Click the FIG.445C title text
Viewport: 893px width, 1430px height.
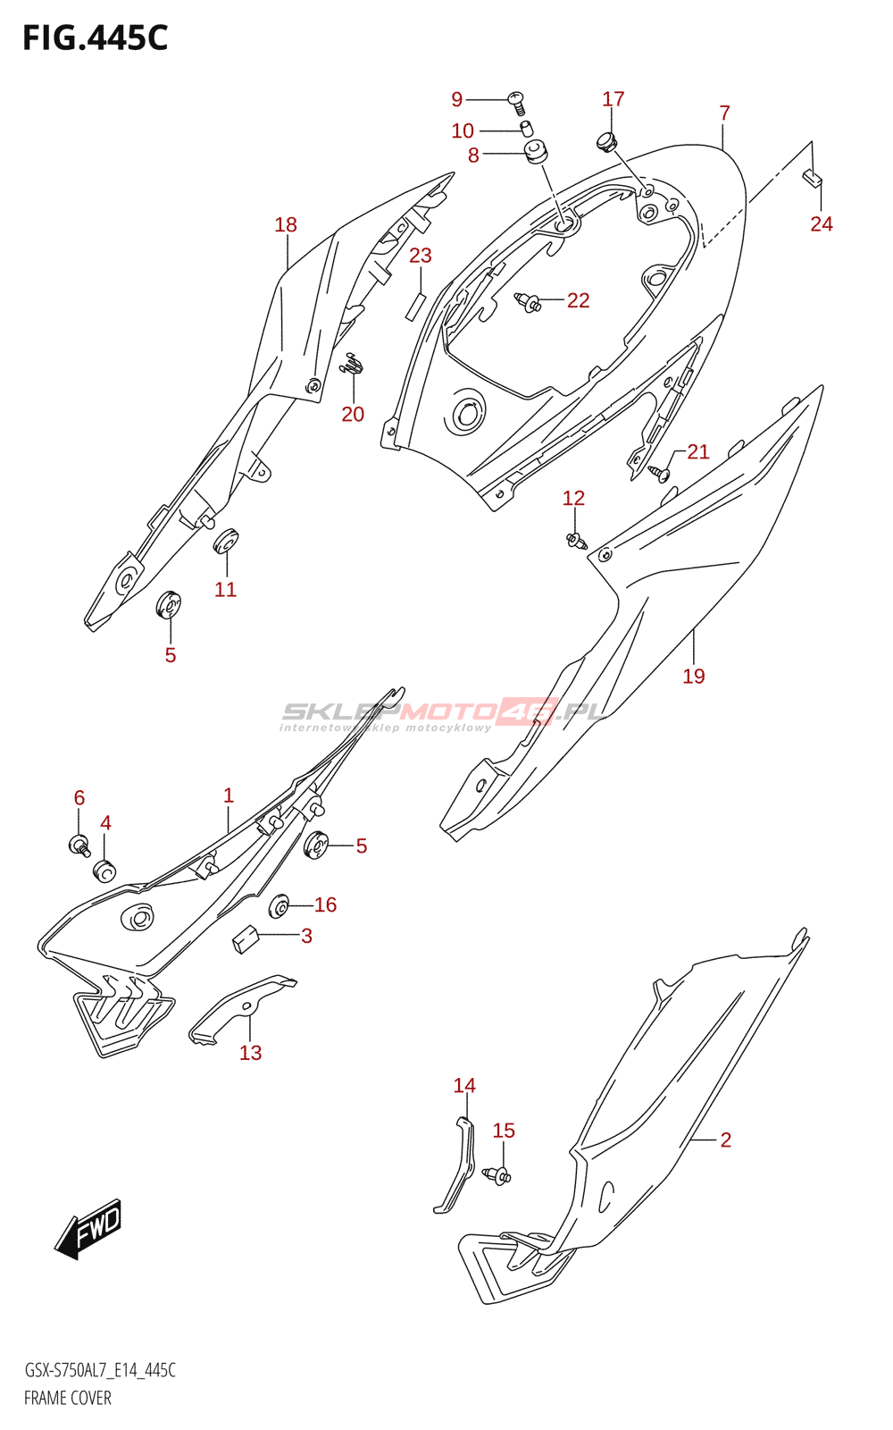tap(95, 38)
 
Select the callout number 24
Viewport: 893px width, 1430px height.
tap(821, 223)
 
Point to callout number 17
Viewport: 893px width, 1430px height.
tap(613, 99)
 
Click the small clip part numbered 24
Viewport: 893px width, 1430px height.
tap(812, 177)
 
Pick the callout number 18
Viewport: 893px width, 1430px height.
tap(286, 225)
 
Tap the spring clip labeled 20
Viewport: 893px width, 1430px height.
tap(354, 365)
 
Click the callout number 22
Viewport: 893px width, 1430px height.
tap(578, 300)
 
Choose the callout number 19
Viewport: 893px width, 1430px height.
tap(693, 677)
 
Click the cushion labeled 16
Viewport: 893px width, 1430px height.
tap(279, 907)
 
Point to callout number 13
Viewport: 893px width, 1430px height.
tap(250, 1053)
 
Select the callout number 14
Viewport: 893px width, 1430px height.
tap(464, 1086)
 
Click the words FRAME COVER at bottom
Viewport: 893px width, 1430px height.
tap(68, 1398)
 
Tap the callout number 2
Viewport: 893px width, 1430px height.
tap(725, 1140)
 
